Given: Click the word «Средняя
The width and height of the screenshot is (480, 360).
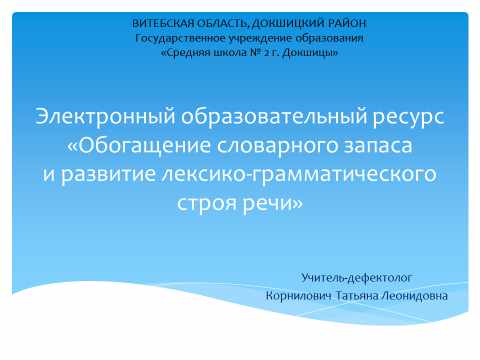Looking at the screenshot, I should [x=184, y=52].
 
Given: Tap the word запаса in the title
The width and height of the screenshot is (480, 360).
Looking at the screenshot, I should [x=375, y=147].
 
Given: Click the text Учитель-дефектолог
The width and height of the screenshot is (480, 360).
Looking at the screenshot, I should [x=356, y=275].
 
